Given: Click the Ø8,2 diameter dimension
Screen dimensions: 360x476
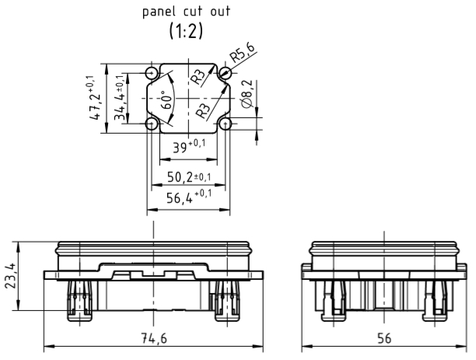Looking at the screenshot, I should pos(247,95).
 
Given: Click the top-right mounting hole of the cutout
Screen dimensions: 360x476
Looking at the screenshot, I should pos(225,74).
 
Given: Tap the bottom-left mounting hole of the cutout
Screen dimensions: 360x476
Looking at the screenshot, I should pos(152,124).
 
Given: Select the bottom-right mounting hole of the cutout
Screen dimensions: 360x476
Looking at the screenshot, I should pos(225,124).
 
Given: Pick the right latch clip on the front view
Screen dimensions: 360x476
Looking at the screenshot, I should pos(227,299).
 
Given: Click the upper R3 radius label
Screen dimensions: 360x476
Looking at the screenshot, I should pos(201,78).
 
